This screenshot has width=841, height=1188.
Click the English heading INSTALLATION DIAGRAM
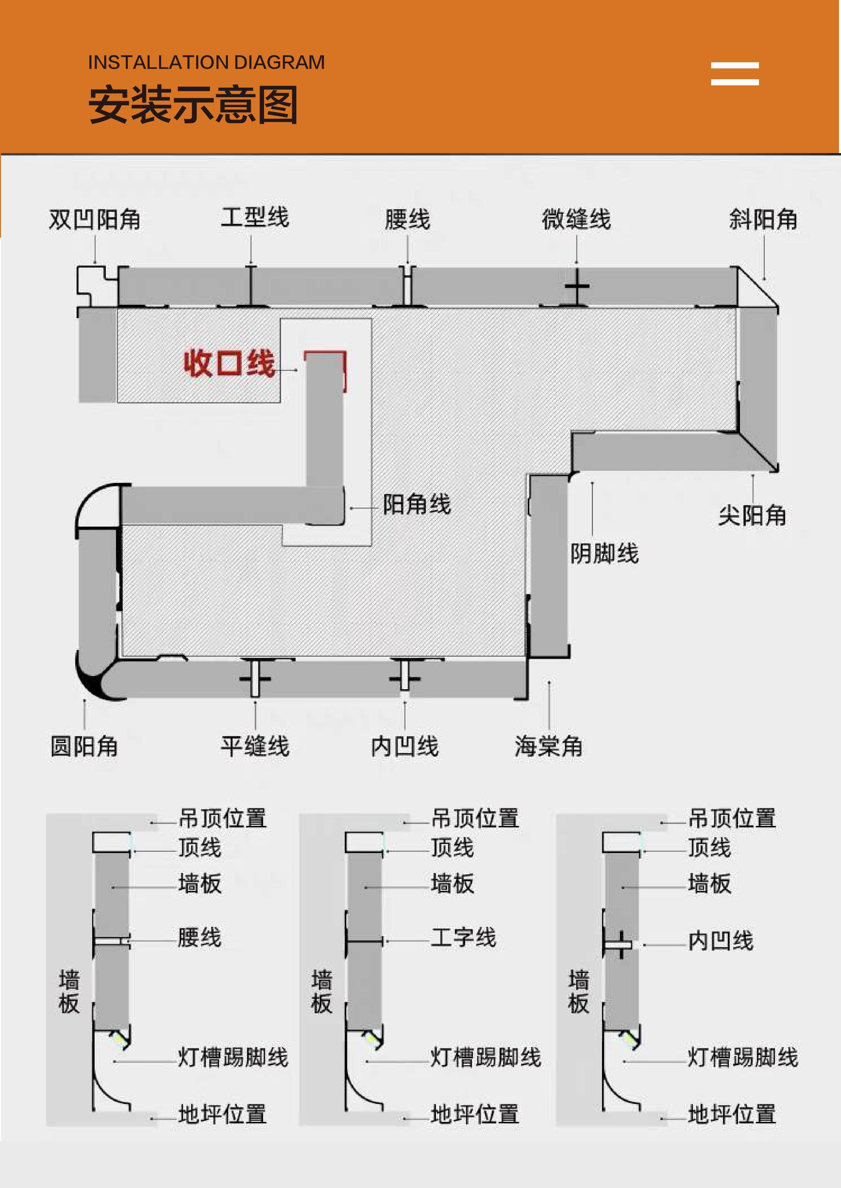[206, 63]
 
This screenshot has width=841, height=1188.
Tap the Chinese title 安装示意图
[193, 105]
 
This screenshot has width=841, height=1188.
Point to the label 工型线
[255, 217]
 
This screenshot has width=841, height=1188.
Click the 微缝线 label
[576, 219]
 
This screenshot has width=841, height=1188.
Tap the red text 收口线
[229, 363]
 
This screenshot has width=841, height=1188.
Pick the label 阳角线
[417, 504]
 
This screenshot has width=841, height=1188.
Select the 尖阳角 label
[752, 515]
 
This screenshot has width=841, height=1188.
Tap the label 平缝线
[255, 746]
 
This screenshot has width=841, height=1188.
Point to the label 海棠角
[548, 746]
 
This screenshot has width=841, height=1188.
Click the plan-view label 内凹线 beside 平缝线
[404, 746]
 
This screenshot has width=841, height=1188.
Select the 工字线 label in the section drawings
[463, 938]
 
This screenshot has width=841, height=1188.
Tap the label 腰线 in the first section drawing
[199, 938]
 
